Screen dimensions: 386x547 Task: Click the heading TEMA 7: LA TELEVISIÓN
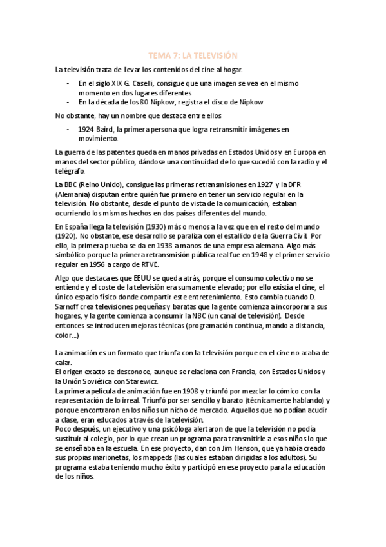[x=193, y=55]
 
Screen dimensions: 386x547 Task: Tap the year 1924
[x=86, y=129]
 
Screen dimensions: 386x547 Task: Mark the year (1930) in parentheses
[x=146, y=226]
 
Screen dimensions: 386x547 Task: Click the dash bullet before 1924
[x=70, y=129]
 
